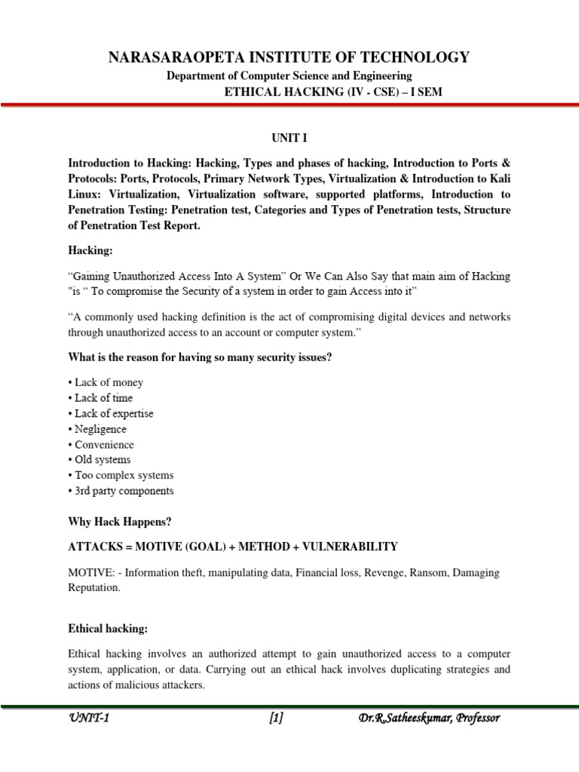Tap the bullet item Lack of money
[109, 382]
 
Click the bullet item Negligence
[100, 429]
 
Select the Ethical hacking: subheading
[106, 626]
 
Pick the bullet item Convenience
[104, 444]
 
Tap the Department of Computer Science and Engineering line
[289, 75]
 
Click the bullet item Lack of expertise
[114, 413]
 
